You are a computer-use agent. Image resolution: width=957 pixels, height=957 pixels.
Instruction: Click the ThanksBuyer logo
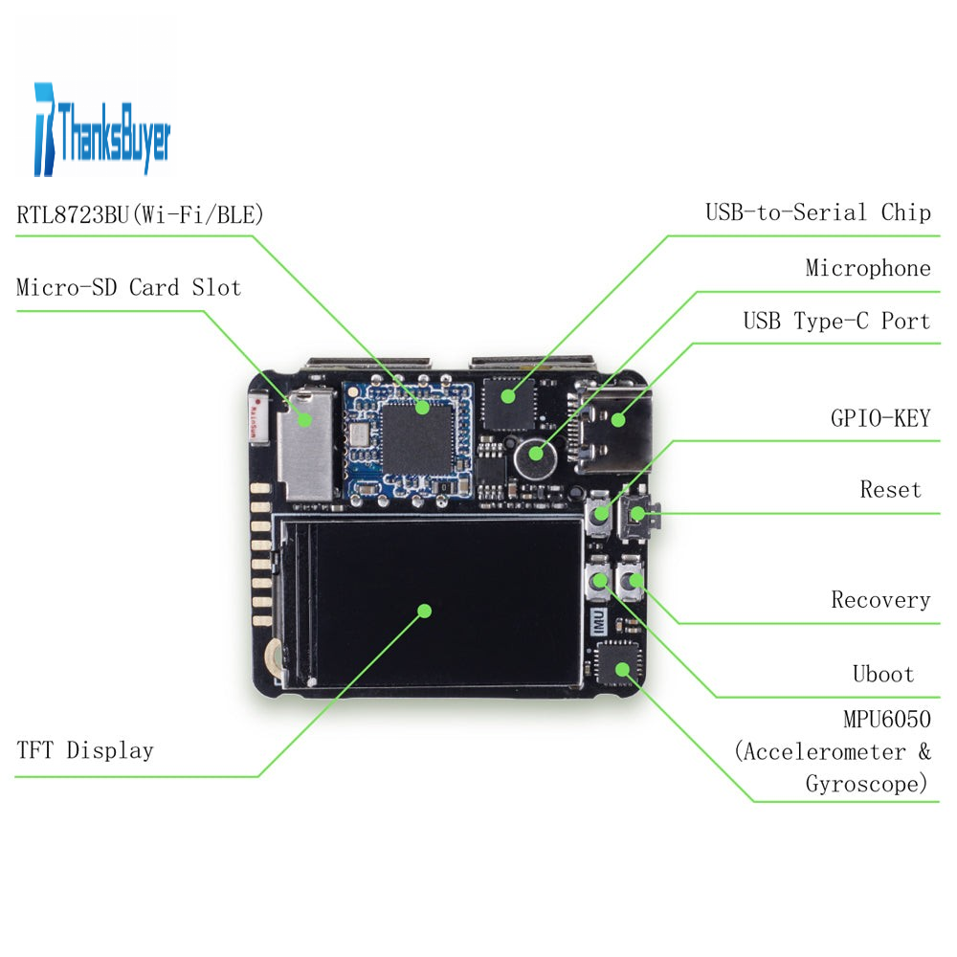101,128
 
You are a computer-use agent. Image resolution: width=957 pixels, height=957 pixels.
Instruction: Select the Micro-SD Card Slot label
128,287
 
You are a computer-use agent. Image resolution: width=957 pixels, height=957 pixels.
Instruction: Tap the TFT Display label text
84,749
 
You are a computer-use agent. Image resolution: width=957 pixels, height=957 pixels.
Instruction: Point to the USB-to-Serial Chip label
817,212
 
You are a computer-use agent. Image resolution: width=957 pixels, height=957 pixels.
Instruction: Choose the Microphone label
867,268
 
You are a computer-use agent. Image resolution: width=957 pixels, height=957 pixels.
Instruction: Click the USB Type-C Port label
836,321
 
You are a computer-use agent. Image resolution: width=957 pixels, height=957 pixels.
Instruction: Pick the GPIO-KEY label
879,418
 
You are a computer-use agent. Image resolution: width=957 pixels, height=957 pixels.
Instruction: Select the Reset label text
890,490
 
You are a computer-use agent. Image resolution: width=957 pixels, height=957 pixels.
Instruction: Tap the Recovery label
879,600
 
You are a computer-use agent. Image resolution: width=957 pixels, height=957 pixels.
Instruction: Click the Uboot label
882,674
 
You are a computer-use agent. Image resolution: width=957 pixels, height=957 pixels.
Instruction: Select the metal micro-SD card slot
304,445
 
